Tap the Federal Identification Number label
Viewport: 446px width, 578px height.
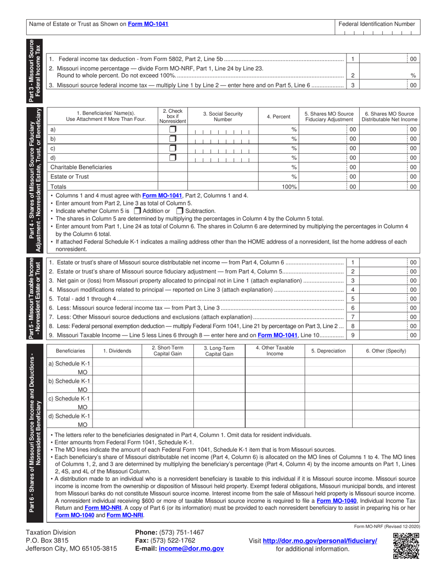coord(377,24)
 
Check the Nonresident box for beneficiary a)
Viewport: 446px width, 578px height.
coord(173,129)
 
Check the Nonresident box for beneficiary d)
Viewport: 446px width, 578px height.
coord(173,158)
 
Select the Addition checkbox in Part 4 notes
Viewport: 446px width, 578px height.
coord(138,211)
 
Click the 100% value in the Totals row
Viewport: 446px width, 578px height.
coord(288,187)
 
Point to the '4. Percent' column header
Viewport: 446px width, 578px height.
coord(278,117)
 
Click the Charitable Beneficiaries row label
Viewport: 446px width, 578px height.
coord(81,167)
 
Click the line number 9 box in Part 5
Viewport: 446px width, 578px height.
coord(352,336)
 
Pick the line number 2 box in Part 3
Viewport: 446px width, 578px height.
coord(352,75)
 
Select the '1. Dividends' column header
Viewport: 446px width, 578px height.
coord(116,351)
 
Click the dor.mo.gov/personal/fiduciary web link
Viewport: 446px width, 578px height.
coord(319,541)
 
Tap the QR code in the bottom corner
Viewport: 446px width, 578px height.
coord(406,546)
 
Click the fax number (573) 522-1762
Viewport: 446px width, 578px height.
coord(177,540)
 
